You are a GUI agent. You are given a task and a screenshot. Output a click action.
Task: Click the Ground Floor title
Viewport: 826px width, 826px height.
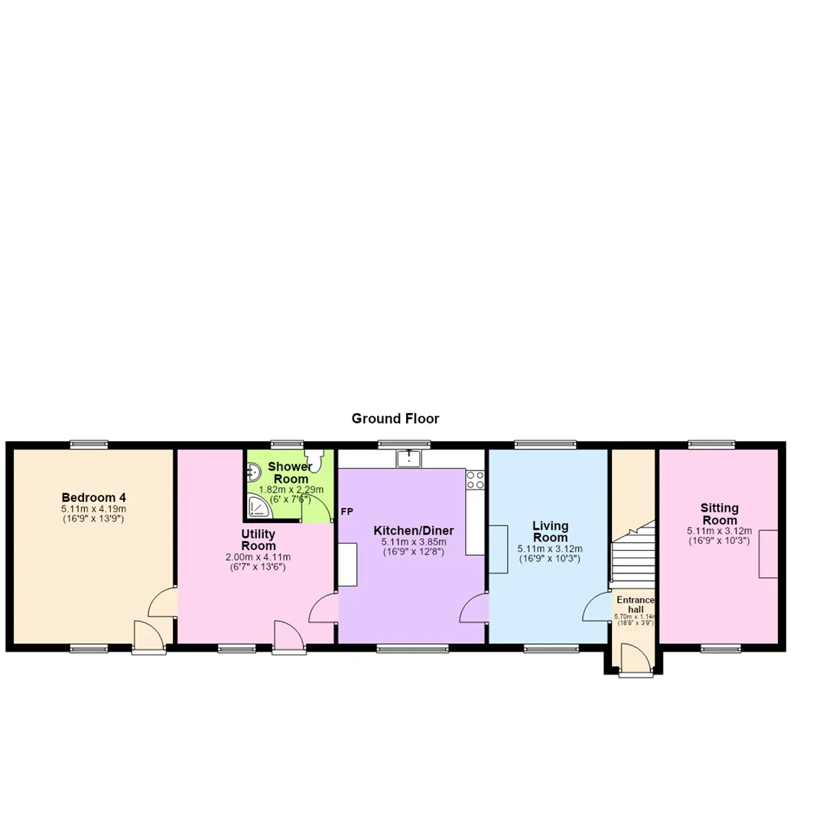[x=395, y=419]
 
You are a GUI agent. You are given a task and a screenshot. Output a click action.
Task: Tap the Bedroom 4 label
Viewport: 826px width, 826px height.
[x=94, y=497]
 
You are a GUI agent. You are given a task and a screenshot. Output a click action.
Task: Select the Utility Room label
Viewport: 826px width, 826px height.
[x=259, y=540]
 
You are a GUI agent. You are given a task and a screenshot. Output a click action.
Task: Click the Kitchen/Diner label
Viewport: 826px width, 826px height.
[x=414, y=531]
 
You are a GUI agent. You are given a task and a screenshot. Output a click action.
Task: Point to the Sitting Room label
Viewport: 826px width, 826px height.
[x=720, y=514]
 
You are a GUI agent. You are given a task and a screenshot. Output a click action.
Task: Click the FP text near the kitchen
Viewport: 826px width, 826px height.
[x=346, y=512]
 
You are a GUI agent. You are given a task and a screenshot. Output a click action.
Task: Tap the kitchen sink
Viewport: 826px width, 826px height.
[x=408, y=458]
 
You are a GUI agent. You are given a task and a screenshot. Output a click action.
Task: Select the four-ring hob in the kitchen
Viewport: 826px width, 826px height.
[x=475, y=480]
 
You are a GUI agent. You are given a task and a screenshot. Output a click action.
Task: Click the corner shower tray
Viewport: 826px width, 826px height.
[x=259, y=506]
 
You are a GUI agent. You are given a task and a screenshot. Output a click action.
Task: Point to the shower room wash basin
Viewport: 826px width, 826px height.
[x=253, y=472]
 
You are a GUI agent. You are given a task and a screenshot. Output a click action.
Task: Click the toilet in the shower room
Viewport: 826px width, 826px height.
[x=314, y=460]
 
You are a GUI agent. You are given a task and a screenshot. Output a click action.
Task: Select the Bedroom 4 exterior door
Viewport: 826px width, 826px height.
[x=149, y=637]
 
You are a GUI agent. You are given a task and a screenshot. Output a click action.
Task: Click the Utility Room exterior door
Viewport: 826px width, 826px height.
[x=289, y=637]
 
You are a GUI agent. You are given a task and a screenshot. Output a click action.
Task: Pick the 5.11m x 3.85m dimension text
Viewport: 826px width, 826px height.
[x=414, y=542]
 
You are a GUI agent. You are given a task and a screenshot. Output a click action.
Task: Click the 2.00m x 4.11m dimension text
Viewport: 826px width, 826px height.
[x=259, y=558]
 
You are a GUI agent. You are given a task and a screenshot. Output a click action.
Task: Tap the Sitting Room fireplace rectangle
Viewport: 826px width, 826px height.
[x=768, y=554]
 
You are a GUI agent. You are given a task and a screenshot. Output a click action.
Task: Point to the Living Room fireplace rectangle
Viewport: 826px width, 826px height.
[x=499, y=549]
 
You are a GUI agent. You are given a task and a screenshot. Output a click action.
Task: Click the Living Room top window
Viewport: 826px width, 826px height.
[x=546, y=444]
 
